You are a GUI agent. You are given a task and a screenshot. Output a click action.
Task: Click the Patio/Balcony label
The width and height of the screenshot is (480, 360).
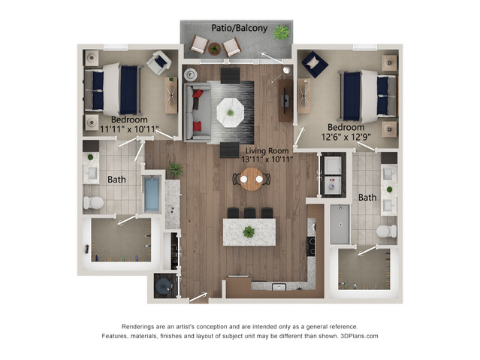tap(240, 29)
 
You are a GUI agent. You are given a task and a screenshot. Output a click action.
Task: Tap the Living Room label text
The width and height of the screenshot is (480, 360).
tap(267, 151)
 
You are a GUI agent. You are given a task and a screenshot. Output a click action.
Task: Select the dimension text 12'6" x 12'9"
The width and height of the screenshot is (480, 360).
tap(346, 137)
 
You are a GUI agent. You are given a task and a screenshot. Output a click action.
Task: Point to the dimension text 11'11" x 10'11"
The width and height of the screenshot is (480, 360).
tap(129, 129)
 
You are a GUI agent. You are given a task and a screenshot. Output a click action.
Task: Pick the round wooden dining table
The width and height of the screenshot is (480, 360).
tap(252, 179)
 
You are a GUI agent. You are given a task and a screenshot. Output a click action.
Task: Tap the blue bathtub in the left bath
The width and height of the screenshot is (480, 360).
tap(152, 195)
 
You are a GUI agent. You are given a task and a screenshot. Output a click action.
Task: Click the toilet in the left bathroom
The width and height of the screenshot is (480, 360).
tap(93, 202)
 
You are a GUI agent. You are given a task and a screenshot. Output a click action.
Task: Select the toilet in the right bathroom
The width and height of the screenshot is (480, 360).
tap(386, 231)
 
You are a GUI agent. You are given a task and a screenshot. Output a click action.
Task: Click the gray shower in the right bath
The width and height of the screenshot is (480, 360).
tap(340, 224)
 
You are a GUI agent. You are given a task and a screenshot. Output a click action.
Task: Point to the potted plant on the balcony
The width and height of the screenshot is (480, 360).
tap(281, 32)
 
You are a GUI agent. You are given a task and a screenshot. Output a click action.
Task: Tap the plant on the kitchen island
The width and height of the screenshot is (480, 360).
tap(249, 232)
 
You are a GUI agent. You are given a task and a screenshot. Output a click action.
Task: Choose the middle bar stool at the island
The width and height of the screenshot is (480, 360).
tap(250, 213)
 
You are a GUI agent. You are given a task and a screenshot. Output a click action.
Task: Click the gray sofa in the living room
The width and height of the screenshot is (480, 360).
tap(198, 112)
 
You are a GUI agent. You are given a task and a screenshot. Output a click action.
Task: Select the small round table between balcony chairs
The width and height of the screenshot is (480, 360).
tap(214, 49)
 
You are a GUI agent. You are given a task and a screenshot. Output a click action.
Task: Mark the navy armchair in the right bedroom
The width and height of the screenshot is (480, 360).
tap(315, 65)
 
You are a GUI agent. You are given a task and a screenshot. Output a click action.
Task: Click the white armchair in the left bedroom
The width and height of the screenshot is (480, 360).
tap(159, 63)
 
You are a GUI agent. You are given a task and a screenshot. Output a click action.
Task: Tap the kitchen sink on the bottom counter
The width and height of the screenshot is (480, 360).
tap(279, 287)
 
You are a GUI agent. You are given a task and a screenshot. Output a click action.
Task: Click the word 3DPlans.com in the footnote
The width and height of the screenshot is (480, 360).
tap(359, 336)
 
